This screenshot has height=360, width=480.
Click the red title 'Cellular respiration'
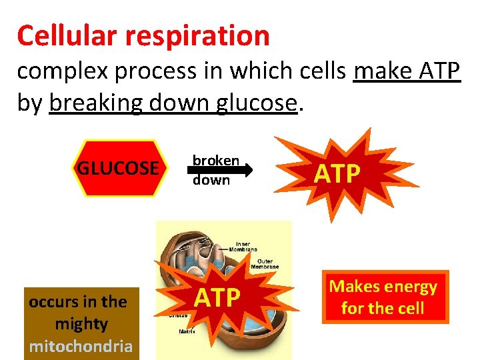(143, 35)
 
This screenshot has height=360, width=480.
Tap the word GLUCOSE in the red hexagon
(118, 167)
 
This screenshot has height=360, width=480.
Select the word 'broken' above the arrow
(215, 160)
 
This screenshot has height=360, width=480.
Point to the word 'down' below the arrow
(211, 180)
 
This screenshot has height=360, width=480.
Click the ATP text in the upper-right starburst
(337, 173)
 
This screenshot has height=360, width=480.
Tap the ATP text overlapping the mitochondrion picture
(217, 297)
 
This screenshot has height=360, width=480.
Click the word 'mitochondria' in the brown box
(81, 346)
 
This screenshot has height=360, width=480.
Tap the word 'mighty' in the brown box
(81, 324)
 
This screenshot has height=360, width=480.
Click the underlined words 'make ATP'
(407, 71)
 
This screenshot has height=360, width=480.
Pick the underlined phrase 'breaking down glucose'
(173, 103)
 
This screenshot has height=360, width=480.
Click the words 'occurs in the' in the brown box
(78, 301)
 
